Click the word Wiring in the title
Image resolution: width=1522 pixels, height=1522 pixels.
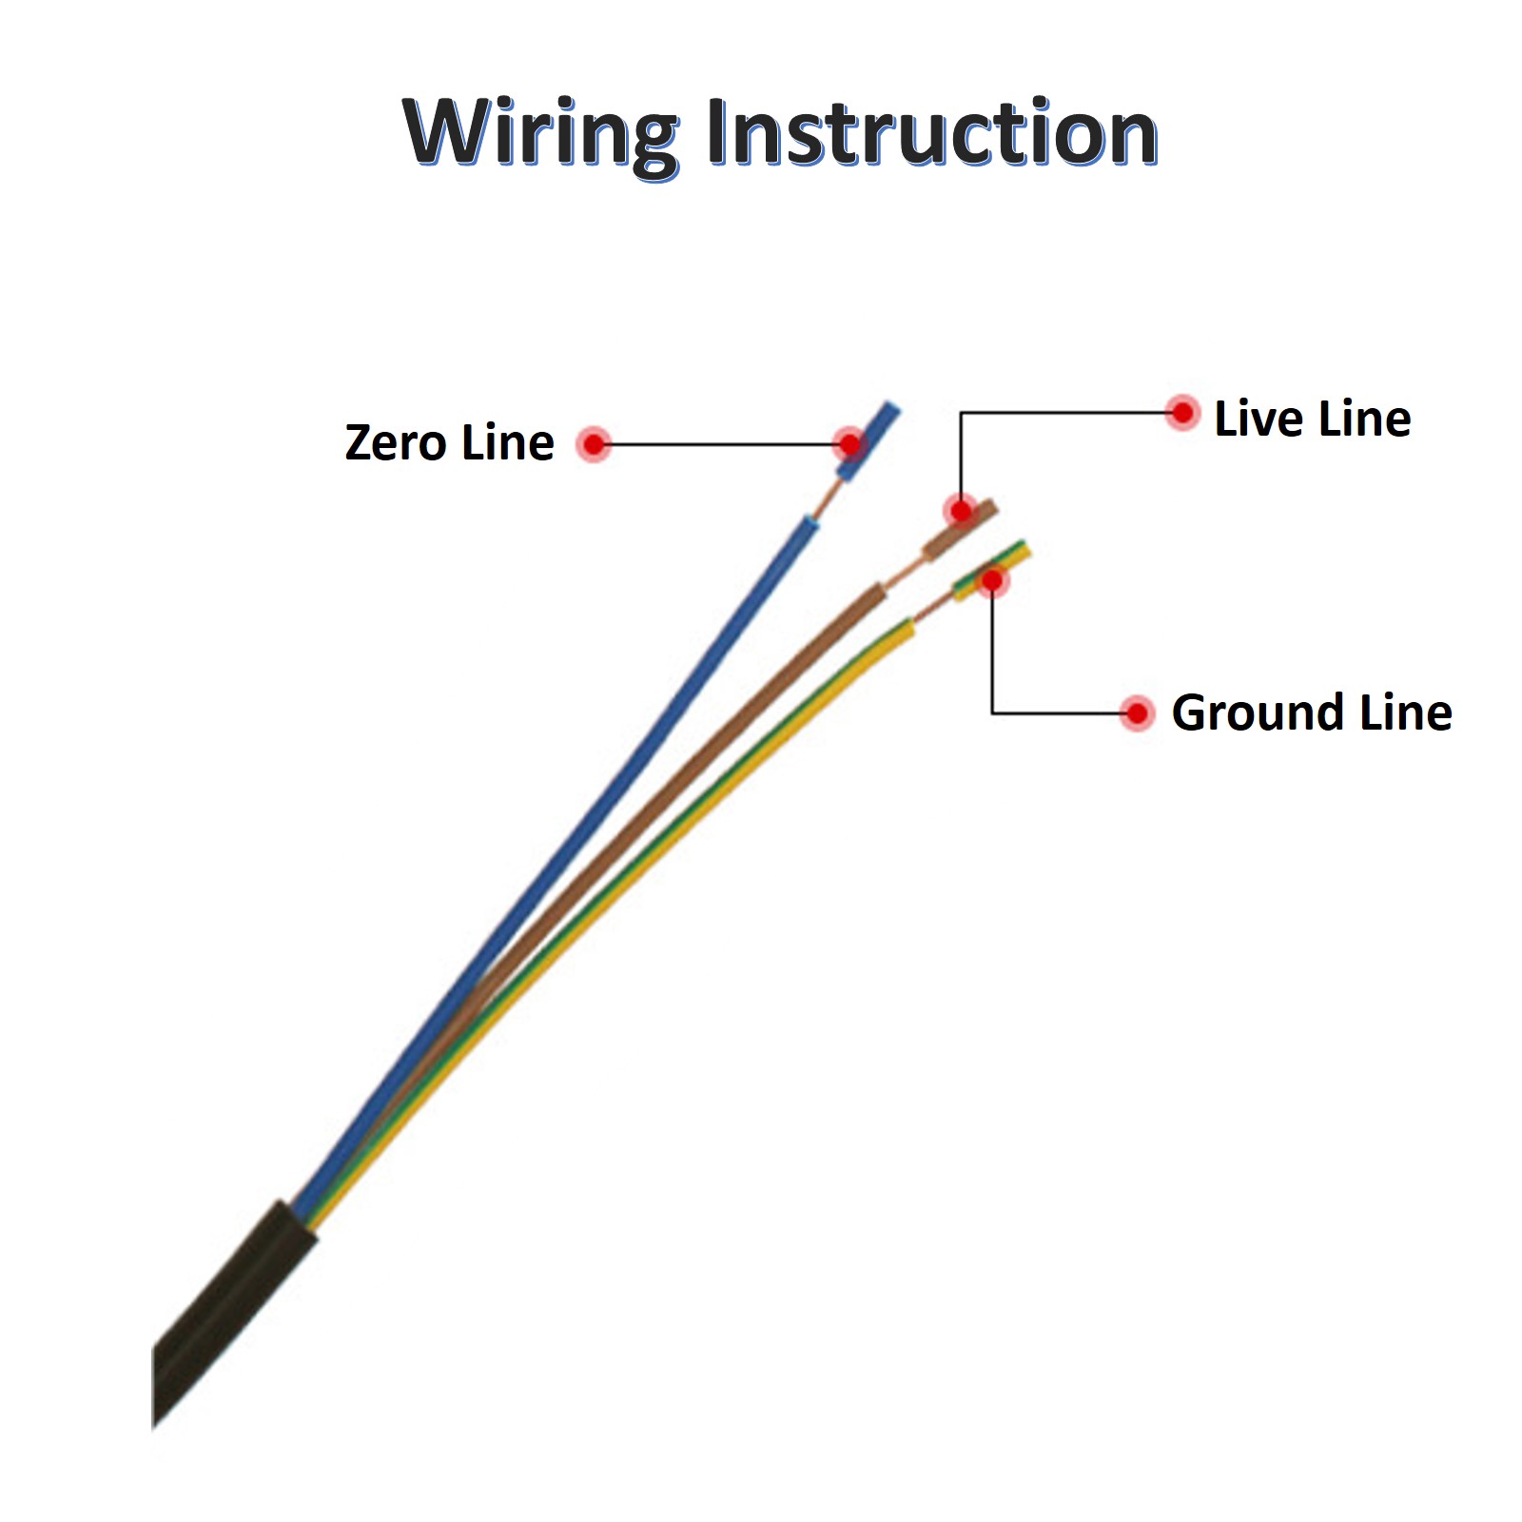click(x=538, y=133)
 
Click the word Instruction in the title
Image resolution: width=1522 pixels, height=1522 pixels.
click(x=931, y=133)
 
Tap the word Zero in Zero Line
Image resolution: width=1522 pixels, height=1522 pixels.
click(x=395, y=443)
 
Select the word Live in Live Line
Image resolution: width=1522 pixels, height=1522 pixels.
click(x=1255, y=419)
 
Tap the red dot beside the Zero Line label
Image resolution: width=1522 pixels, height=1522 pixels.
click(x=594, y=444)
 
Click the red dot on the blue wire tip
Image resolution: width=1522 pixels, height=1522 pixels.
click(x=849, y=443)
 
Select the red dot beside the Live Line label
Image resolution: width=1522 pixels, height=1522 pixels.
click(x=1182, y=413)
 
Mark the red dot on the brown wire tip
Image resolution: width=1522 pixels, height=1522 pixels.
click(x=961, y=511)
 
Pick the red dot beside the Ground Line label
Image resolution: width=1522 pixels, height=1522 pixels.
click(x=1137, y=713)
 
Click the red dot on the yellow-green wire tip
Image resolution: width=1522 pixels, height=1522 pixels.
click(x=992, y=579)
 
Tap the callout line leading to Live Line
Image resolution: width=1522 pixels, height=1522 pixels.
click(x=1065, y=413)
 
